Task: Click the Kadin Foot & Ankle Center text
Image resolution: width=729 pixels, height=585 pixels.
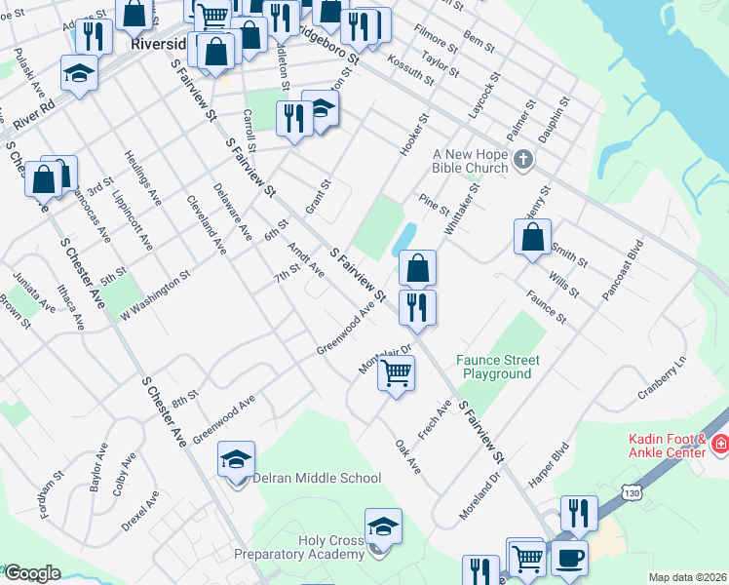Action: tap(660, 447)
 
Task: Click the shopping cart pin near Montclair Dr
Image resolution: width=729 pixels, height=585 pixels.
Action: tap(397, 373)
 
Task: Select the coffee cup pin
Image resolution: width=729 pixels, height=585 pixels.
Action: tap(570, 559)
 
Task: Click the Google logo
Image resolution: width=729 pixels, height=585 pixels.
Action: tap(32, 572)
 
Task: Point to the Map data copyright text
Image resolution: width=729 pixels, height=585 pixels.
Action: tap(688, 577)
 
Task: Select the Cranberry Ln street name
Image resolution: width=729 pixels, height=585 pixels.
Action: tap(663, 375)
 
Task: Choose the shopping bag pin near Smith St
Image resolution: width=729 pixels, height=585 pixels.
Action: tap(532, 237)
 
